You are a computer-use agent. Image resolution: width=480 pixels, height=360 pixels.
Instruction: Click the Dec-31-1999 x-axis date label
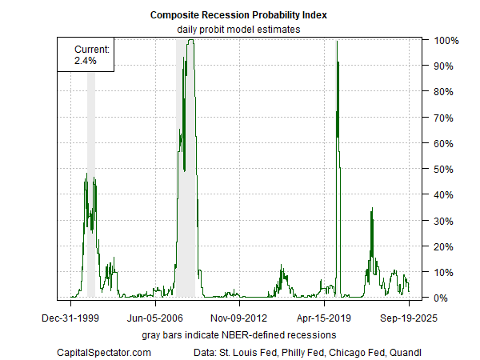click(x=70, y=316)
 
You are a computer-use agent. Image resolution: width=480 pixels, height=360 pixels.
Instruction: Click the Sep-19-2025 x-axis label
click(x=408, y=316)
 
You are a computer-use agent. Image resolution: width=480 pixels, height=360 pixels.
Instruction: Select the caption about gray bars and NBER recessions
click(x=239, y=333)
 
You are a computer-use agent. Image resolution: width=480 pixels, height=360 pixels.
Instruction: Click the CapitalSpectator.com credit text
click(x=105, y=352)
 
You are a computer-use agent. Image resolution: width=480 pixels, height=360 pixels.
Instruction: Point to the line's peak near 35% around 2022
click(x=371, y=209)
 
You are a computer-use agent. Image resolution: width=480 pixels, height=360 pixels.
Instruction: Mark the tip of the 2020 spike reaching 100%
click(x=337, y=42)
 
